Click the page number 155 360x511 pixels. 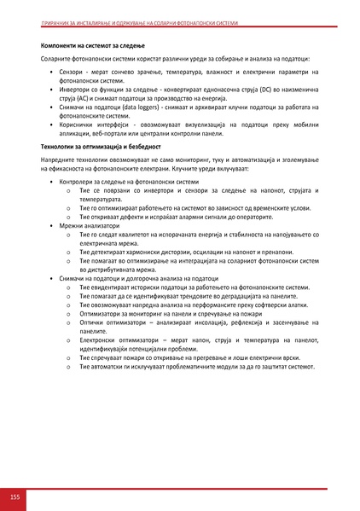point(15,496)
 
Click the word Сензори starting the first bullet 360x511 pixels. point(72,75)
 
